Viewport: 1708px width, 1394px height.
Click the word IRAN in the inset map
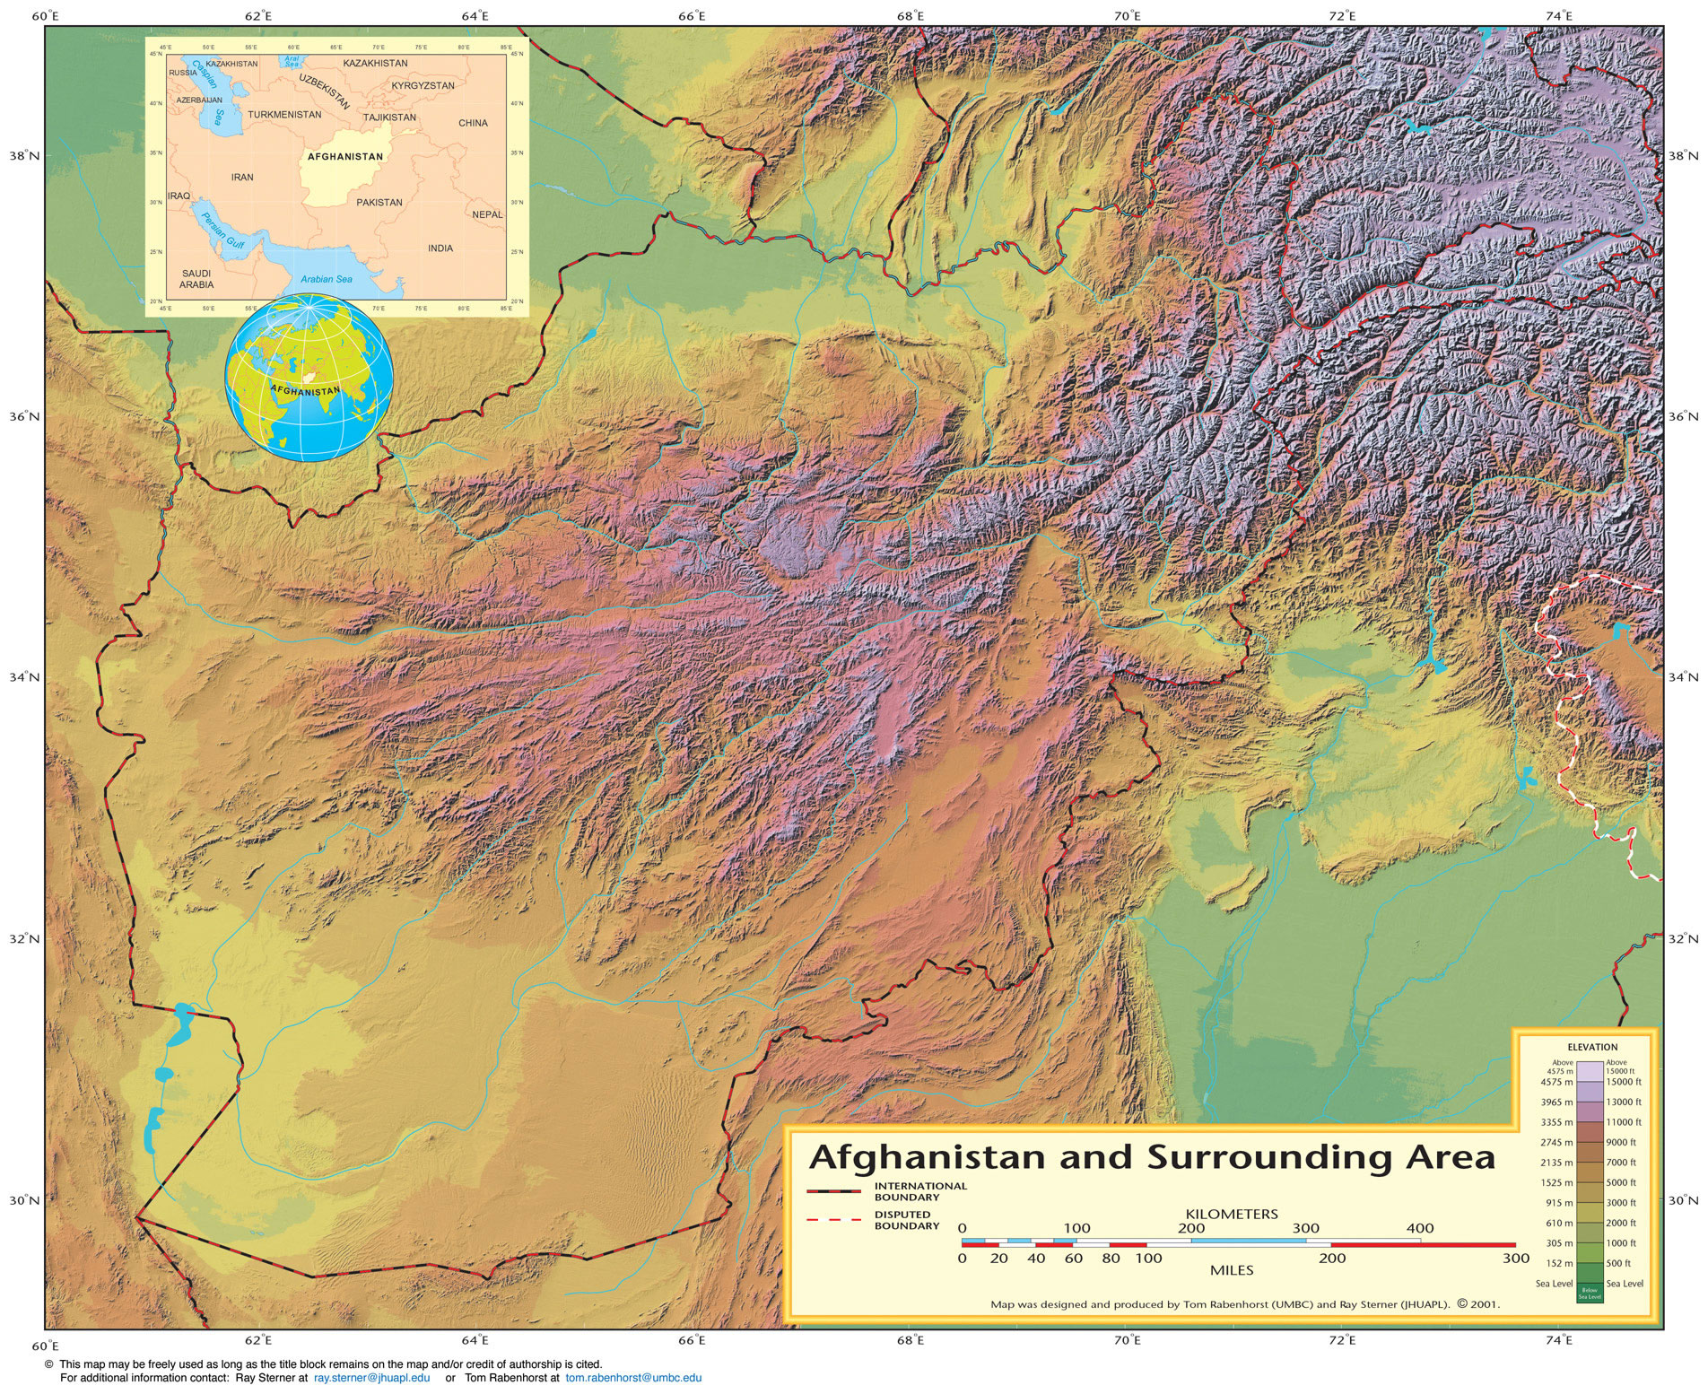point(242,178)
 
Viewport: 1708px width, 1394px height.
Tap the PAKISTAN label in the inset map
point(379,203)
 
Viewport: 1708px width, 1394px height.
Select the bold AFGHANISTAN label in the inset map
point(345,157)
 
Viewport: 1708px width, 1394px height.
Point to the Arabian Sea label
point(327,279)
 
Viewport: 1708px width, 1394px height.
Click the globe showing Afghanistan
point(309,379)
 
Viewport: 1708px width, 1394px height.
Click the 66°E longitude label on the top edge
point(692,15)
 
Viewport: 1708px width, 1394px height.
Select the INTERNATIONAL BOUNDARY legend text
point(920,1191)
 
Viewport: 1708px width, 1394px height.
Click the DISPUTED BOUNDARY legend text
point(907,1220)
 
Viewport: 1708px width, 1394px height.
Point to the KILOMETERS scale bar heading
point(1231,1214)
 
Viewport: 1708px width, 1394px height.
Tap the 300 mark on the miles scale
point(1515,1259)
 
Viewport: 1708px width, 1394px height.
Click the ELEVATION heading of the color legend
point(1592,1047)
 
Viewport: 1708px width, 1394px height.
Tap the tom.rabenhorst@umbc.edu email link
point(633,1377)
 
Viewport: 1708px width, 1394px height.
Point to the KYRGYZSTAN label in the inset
point(423,86)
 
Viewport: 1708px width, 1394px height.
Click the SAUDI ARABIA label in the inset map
point(196,279)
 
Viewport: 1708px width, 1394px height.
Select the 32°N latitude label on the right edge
point(1684,939)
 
